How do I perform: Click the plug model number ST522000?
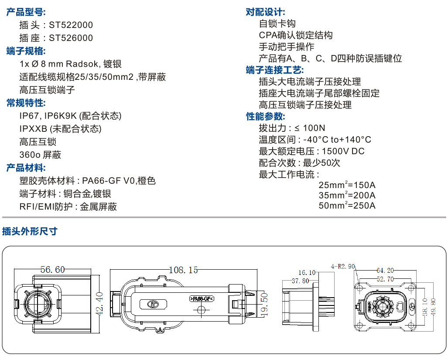point(71,25)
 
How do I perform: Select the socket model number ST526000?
point(71,38)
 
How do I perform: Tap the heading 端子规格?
point(26,51)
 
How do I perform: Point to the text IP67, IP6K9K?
point(48,116)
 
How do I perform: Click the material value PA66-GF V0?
point(108,181)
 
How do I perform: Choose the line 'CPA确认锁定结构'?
point(295,35)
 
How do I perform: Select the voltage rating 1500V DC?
point(342,151)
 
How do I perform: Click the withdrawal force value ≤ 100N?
point(310,128)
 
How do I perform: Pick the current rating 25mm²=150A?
point(347,184)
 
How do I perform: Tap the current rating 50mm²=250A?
point(347,206)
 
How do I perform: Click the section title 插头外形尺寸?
point(29,231)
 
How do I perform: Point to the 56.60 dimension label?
point(52,270)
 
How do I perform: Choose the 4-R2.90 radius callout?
point(343,266)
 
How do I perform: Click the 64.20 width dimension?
point(385,270)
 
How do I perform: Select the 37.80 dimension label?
point(300,281)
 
